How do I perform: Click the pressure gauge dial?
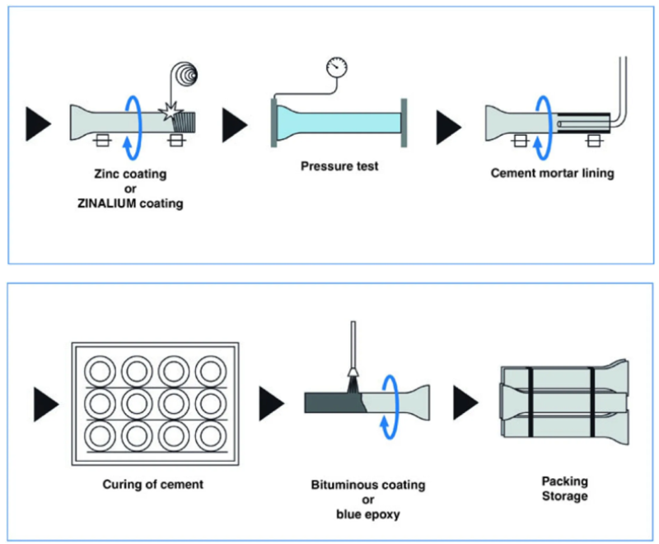[337, 67]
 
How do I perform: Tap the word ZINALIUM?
[107, 203]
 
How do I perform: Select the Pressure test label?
[339, 166]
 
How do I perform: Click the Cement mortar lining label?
[552, 174]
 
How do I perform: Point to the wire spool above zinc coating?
[184, 74]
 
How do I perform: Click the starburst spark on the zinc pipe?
[171, 112]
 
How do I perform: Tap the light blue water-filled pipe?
[339, 123]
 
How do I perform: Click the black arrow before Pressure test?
[235, 124]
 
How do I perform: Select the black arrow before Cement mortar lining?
[449, 128]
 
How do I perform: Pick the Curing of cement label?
[153, 485]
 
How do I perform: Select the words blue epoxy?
[367, 514]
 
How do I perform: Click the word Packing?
[564, 481]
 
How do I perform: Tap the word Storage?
[564, 496]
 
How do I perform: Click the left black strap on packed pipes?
[530, 402]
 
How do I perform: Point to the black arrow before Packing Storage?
[465, 403]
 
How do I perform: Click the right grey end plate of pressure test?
[404, 123]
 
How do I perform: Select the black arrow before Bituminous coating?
[272, 404]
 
